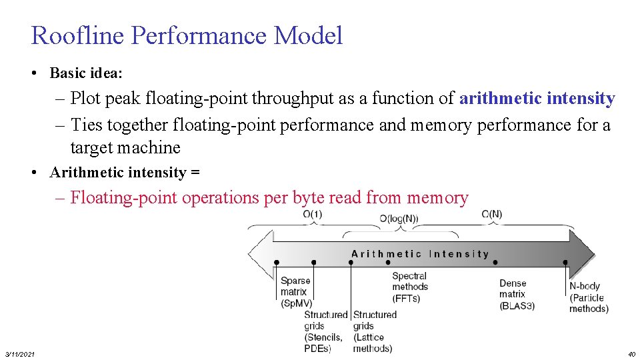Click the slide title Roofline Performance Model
tap(187, 35)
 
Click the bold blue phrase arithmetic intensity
tap(537, 99)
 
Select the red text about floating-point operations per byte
tap(269, 197)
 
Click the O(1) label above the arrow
tap(312, 214)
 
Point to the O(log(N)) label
tap(399, 219)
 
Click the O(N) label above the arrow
tap(491, 214)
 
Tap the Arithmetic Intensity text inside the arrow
tap(420, 254)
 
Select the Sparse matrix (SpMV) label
tap(295, 291)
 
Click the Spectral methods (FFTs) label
tap(410, 287)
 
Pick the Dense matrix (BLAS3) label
tap(517, 294)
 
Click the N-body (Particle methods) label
tap(588, 297)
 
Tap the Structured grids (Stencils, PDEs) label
tap(325, 331)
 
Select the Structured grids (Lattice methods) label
tap(374, 331)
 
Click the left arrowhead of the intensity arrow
tap(259, 255)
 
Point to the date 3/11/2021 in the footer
tap(20, 353)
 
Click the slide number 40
tap(631, 353)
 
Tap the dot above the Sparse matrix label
tap(277, 263)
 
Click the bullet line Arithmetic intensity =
tap(124, 173)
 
